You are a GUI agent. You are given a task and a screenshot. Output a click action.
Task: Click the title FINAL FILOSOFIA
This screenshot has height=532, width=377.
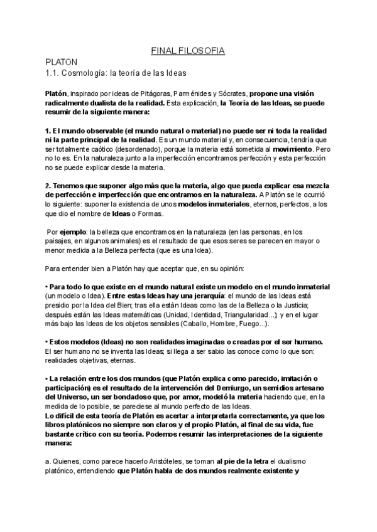click(x=188, y=50)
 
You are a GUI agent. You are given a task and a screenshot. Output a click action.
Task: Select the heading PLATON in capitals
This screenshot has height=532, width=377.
click(x=60, y=63)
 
